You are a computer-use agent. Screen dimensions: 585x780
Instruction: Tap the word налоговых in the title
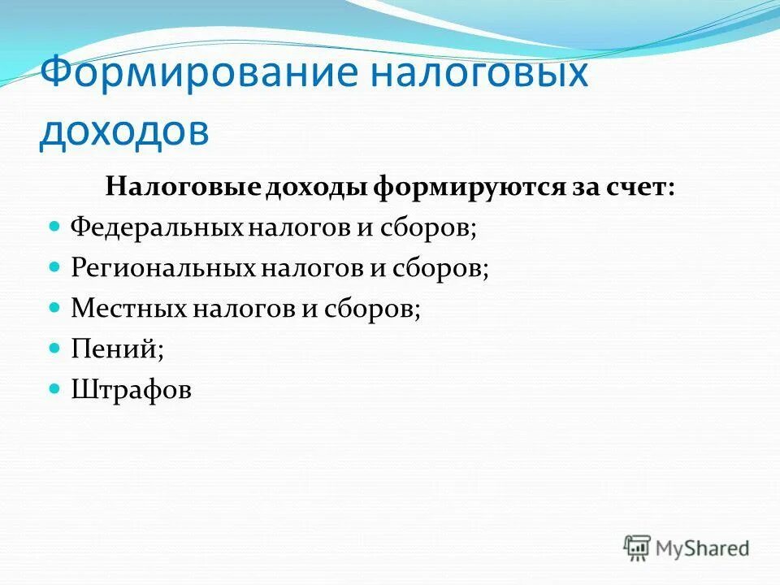pos(480,74)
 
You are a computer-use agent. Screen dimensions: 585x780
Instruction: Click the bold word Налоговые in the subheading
pos(181,188)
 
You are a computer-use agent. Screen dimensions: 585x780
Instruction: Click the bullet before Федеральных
pos(55,225)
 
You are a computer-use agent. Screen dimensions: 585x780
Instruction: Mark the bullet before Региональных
pos(55,266)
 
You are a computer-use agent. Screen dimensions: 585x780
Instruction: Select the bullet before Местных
pos(55,307)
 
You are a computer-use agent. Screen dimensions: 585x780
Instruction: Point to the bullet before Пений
pos(55,349)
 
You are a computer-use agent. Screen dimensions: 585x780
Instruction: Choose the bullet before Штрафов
pos(55,389)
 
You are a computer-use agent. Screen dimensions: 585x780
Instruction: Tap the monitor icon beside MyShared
pos(638,548)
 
